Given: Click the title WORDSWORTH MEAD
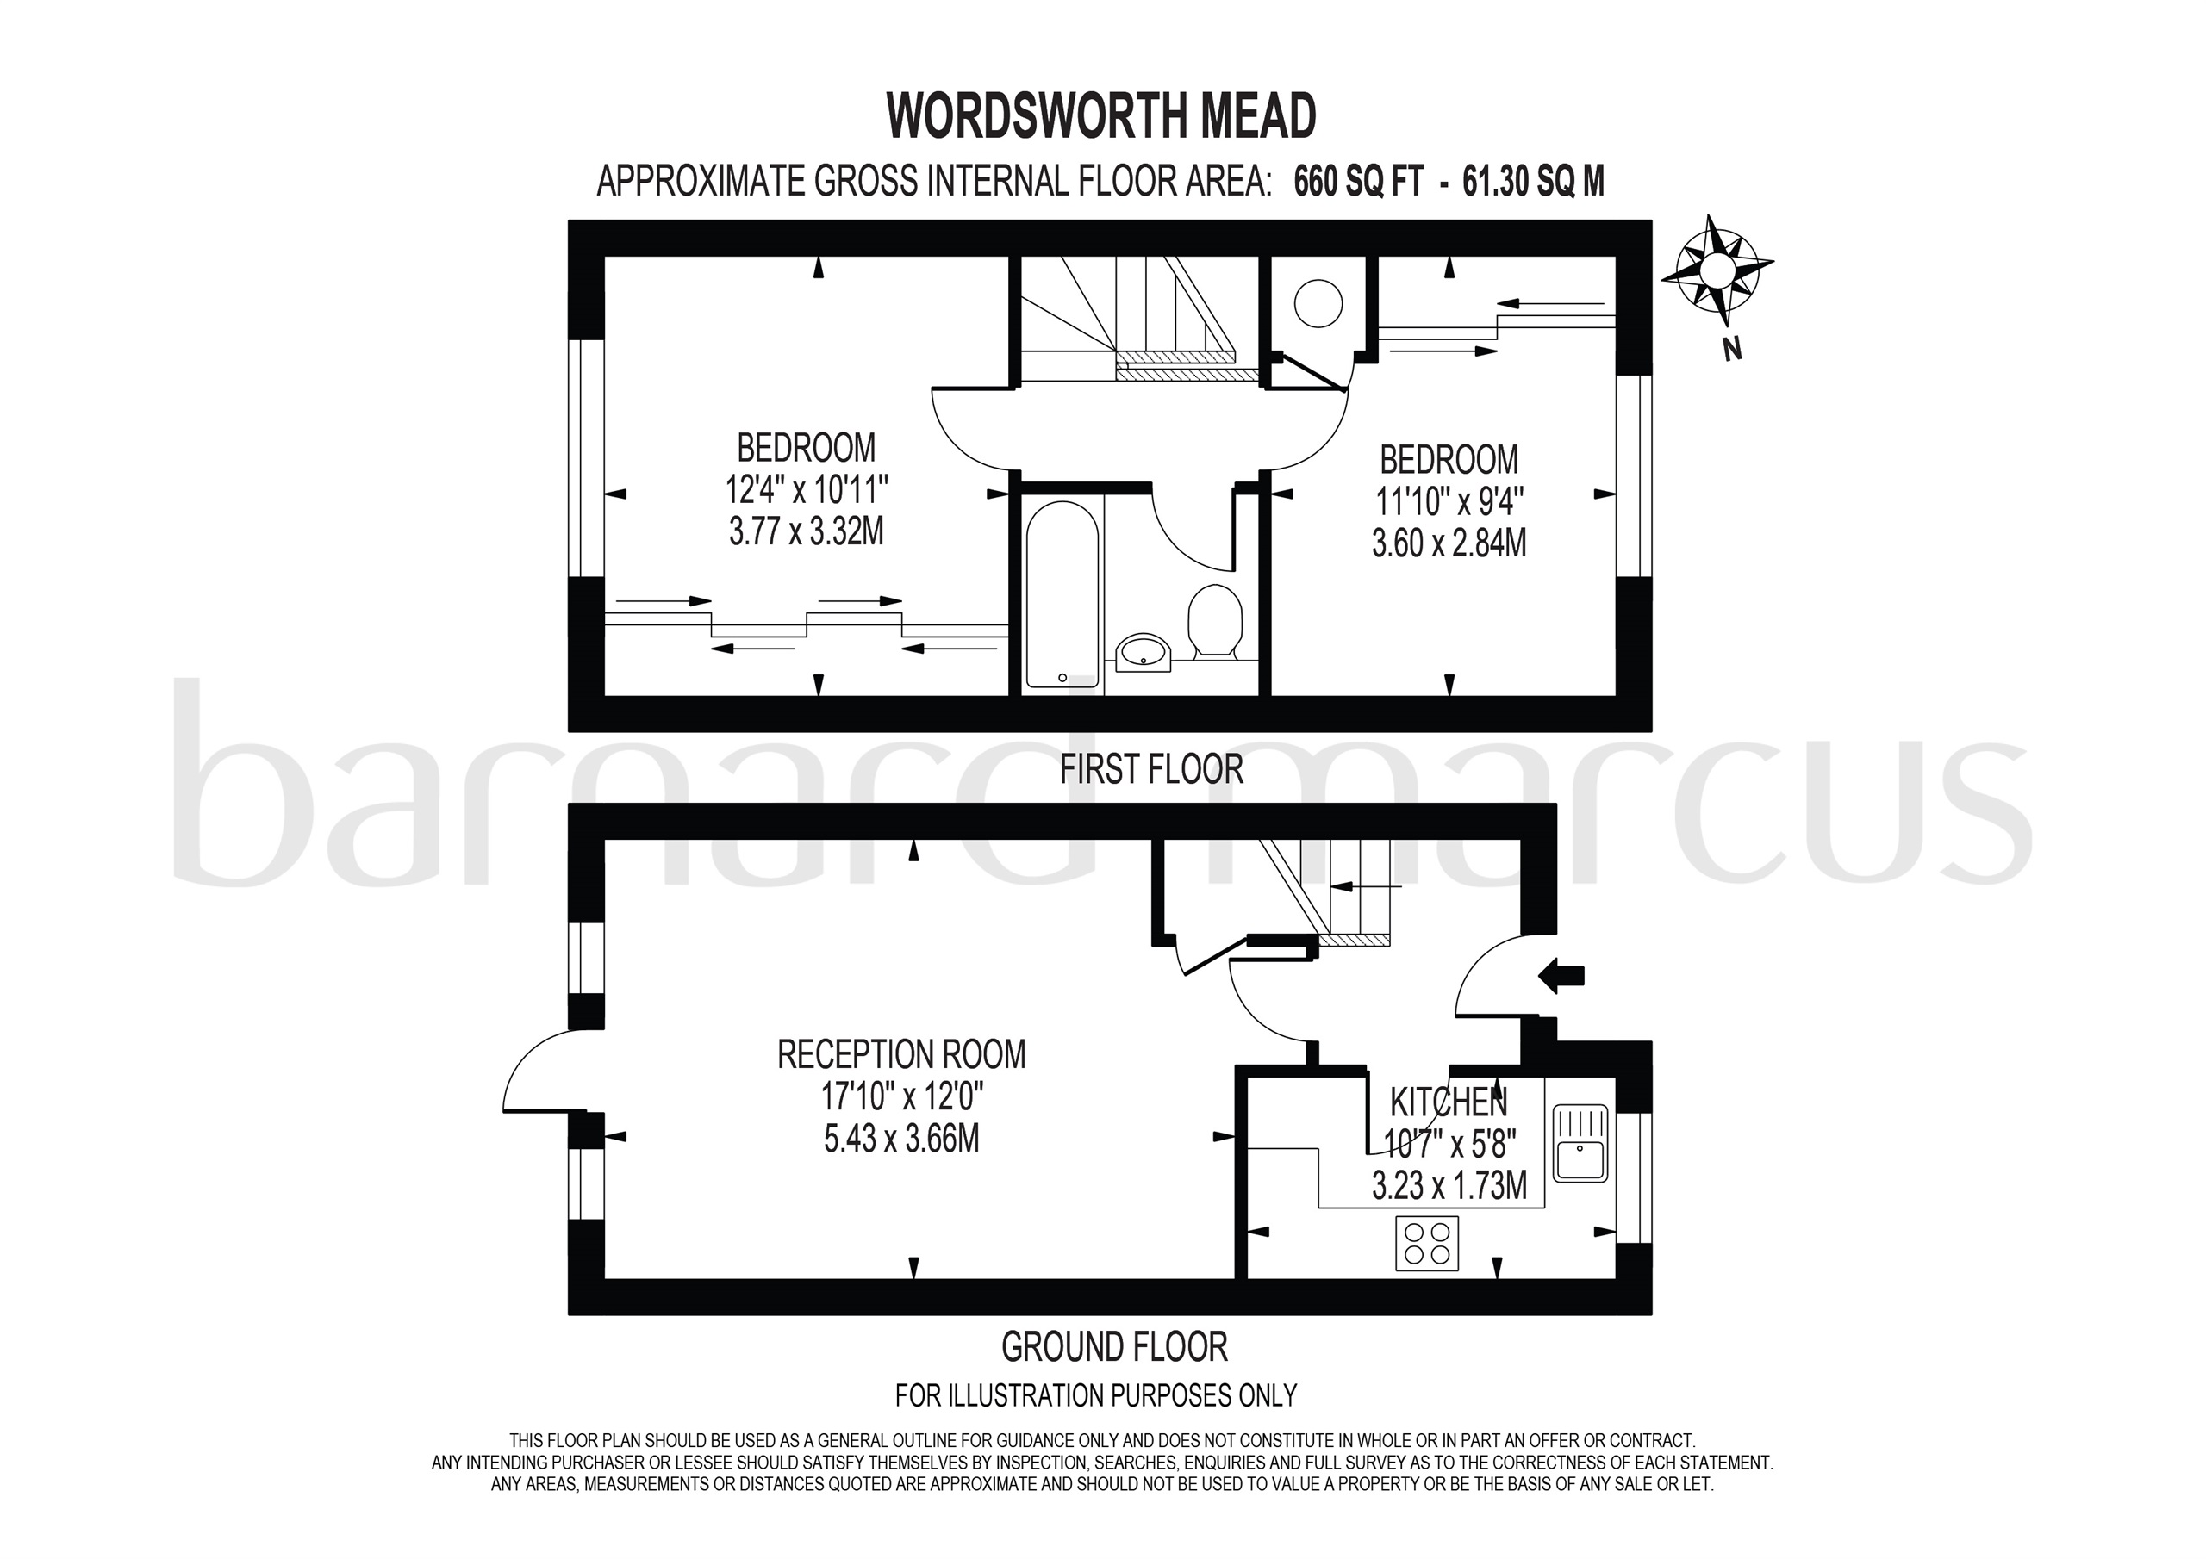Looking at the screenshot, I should point(1101,116).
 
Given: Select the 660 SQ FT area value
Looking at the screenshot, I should point(1357,181).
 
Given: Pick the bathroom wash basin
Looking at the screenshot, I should point(1143,651).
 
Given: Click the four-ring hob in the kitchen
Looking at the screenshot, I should point(1427,1243).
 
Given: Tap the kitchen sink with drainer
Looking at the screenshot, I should point(1580,1144).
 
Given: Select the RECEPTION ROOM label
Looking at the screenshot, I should point(901,1055).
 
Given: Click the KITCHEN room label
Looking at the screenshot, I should point(1449,1101).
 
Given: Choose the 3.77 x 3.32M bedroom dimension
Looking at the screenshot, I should point(806,531).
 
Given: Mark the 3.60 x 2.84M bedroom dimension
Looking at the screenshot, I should point(1449,543).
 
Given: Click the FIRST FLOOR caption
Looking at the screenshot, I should point(1151,769).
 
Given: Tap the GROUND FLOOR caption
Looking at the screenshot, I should point(1114,1348).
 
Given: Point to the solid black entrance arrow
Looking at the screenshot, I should point(1561,977).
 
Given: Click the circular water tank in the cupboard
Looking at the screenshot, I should point(1318,303).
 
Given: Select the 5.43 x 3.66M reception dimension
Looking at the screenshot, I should point(901,1139).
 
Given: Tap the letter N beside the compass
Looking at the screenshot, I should point(1732,350).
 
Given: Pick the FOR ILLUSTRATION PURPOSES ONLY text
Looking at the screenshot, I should point(1095,1395).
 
